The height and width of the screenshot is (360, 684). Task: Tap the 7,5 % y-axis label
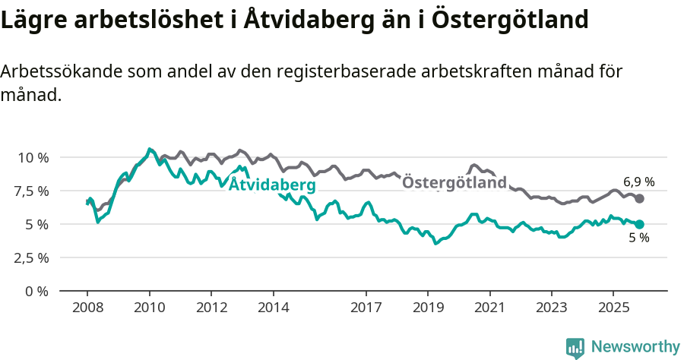point(31,191)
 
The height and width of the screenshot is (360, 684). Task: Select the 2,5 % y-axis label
point(31,257)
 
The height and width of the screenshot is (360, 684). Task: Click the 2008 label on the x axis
point(87,308)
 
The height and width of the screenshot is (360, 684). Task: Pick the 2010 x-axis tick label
point(149,308)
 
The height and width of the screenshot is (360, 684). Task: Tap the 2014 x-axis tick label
point(274,308)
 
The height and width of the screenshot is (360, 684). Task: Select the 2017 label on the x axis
point(366,308)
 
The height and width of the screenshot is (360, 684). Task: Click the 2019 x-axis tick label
point(428,308)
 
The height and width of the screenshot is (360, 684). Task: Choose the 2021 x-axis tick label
point(490,308)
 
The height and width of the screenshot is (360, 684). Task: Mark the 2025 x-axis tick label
point(614,308)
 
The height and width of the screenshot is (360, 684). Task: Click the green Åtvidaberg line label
point(271,185)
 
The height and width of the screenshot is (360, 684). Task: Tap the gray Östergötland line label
point(454,183)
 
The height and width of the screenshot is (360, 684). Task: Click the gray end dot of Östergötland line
point(640,198)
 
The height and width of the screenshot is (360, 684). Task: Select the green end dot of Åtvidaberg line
point(640,224)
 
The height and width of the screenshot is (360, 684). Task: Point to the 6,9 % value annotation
point(638,182)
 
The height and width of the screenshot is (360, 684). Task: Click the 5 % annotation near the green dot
point(638,238)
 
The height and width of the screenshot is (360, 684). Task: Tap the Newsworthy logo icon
point(575,347)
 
